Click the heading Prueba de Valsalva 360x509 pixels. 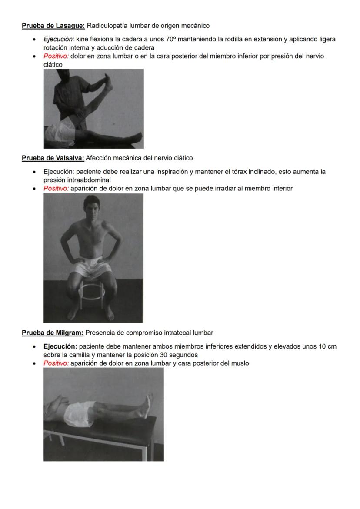53,158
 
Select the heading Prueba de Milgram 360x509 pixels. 53,333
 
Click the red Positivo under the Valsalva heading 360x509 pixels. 56,188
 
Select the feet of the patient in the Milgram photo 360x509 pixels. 149,403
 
